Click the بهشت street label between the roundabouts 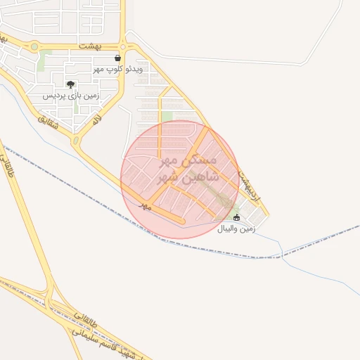pyautogui.click(x=89, y=45)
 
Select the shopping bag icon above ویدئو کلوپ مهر pyautogui.click(x=117, y=58)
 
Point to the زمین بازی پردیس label pyautogui.click(x=71, y=95)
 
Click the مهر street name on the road pyautogui.click(x=146, y=205)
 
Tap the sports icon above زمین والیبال pyautogui.click(x=236, y=217)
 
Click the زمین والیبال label pyautogui.click(x=236, y=229)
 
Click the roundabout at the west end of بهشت pyautogui.click(x=34, y=46)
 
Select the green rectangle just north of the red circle pyautogui.click(x=167, y=117)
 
